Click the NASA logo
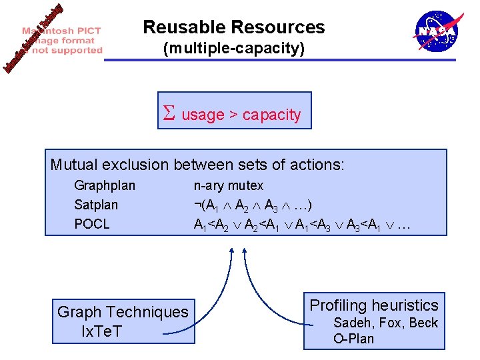(437, 31)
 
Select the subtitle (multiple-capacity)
(234, 49)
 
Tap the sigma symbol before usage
(169, 114)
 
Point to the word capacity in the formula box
(271, 115)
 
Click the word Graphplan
(105, 185)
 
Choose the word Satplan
(96, 205)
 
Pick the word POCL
(92, 224)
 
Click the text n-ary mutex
(229, 185)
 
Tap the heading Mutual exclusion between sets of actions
(197, 164)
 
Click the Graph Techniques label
(123, 312)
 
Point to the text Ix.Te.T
(101, 331)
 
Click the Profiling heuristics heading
(374, 305)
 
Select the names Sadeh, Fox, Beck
(385, 323)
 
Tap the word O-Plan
(353, 339)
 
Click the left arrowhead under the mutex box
(231, 253)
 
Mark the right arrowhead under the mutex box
(245, 253)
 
